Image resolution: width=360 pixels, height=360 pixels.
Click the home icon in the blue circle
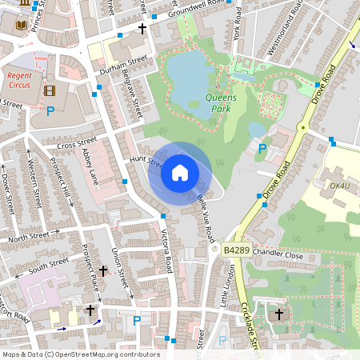tap(180, 172)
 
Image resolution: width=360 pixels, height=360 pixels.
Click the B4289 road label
tap(237, 250)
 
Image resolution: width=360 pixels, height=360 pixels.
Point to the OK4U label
tap(340, 186)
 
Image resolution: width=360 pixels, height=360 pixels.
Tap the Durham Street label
tap(125, 64)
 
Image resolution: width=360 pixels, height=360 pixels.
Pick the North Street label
tap(28, 237)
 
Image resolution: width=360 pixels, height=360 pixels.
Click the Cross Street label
tap(77, 145)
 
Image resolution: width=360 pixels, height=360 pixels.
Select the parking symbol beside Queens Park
tap(262, 148)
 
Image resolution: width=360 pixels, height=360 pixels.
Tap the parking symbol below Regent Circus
tap(50, 111)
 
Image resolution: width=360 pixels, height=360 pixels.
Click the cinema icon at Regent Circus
tap(51, 90)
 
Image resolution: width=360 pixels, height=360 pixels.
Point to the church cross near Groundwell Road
tap(142, 29)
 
